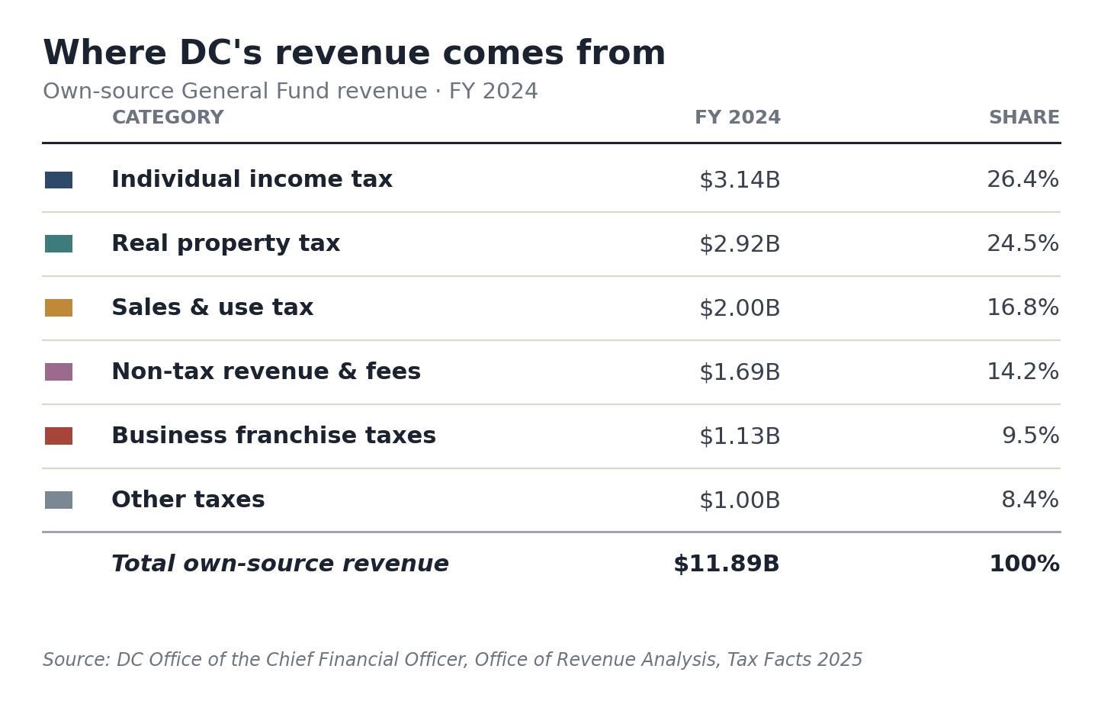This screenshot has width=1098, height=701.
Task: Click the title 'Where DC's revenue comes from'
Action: [x=354, y=53]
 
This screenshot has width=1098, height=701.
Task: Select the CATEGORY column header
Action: [x=168, y=117]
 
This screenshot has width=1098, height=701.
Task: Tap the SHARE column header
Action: [x=1024, y=117]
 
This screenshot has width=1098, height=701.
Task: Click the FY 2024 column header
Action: [x=737, y=117]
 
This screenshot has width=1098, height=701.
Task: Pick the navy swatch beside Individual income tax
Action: [x=59, y=180]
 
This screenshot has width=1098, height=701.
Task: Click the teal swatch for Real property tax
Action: [x=59, y=243]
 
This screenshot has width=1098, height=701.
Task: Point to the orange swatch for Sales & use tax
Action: [x=59, y=308]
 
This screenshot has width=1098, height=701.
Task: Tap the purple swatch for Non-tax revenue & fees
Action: [x=59, y=372]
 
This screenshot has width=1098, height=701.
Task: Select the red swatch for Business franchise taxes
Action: [x=59, y=436]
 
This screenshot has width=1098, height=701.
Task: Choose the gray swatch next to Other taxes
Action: [x=59, y=500]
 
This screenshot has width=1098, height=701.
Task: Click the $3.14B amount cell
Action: [x=739, y=180]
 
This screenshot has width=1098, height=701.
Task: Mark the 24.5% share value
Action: [x=1023, y=243]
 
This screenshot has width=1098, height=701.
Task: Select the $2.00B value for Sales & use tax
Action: [x=739, y=308]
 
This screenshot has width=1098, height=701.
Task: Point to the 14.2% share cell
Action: [x=1023, y=371]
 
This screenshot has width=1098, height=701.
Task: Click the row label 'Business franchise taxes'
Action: [x=274, y=436]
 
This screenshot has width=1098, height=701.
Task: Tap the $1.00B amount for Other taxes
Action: [x=739, y=500]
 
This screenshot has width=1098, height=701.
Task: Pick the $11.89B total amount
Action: [x=727, y=564]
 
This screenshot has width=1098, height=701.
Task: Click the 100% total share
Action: [x=1025, y=564]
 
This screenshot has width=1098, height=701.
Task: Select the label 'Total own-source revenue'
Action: [x=280, y=564]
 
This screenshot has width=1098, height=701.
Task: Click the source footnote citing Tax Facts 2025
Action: [x=452, y=660]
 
